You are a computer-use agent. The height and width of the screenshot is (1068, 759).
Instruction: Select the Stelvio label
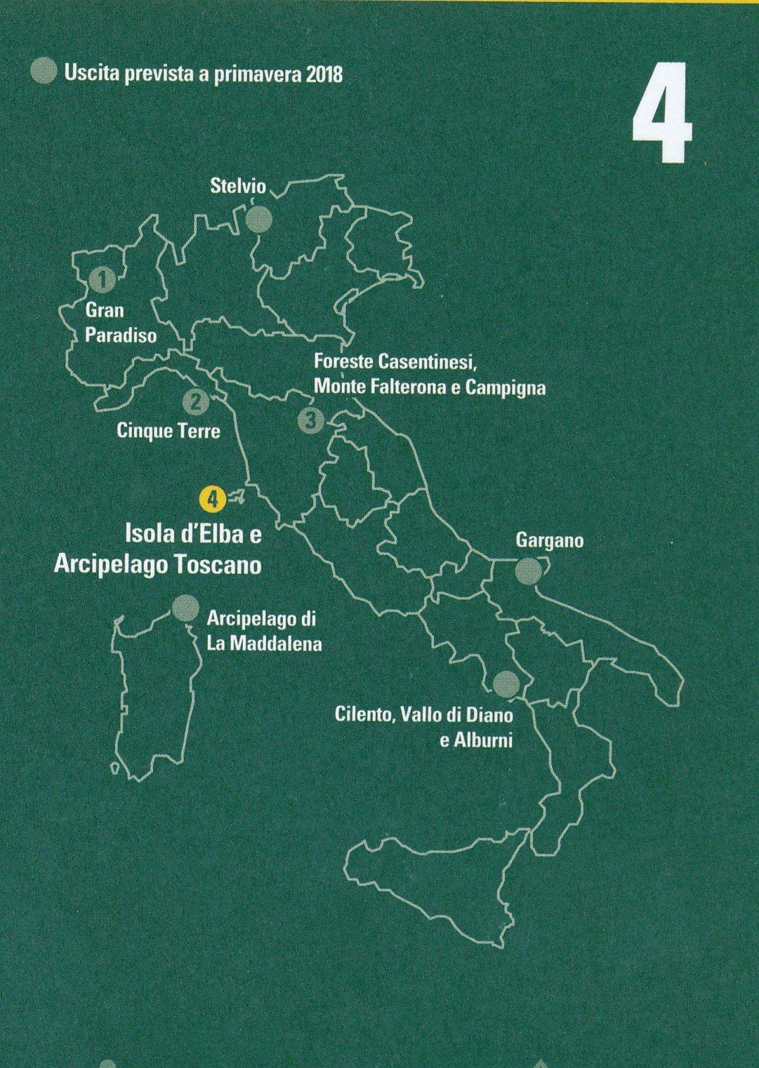pyautogui.click(x=238, y=186)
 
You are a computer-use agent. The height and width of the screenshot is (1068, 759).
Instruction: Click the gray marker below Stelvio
pyautogui.click(x=258, y=220)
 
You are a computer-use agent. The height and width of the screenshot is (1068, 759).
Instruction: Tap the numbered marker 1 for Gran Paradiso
pyautogui.click(x=103, y=280)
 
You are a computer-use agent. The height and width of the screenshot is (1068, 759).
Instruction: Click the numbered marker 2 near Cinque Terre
pyautogui.click(x=195, y=401)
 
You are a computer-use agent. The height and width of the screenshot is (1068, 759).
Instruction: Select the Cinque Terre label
pyautogui.click(x=169, y=430)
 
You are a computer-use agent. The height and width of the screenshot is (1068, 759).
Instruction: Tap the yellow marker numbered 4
pyautogui.click(x=211, y=498)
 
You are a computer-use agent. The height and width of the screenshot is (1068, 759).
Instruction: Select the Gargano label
pyautogui.click(x=550, y=541)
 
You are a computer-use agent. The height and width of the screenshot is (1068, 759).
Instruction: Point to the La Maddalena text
pyautogui.click(x=265, y=643)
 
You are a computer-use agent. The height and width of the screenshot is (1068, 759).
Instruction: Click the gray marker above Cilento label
pyautogui.click(x=503, y=683)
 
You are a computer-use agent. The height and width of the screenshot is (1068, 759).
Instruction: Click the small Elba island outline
pyautogui.click(x=237, y=498)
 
